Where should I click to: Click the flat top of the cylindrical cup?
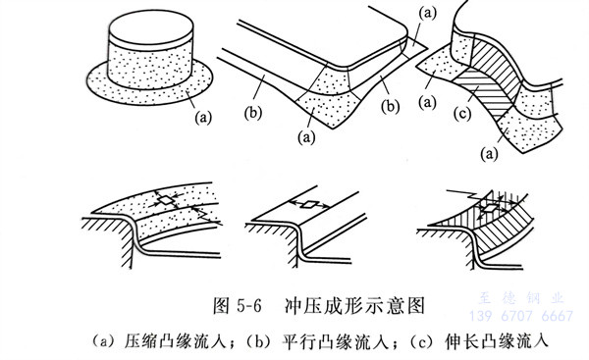tap(151, 27)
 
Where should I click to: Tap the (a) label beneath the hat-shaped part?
tap(203, 118)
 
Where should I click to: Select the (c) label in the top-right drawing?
tap(462, 114)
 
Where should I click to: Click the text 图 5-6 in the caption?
tap(237, 306)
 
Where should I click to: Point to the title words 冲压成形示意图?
tap(355, 306)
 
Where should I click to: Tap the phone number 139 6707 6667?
tap(521, 316)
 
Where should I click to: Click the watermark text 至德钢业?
tap(521, 298)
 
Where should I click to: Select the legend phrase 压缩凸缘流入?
tap(175, 341)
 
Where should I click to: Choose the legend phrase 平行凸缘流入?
tap(334, 341)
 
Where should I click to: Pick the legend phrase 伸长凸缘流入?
tap(496, 341)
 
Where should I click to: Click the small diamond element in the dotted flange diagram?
tap(166, 200)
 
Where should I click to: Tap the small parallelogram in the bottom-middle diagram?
tap(310, 205)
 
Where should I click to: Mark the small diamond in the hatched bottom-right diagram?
tap(490, 208)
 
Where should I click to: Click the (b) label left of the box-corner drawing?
tap(252, 113)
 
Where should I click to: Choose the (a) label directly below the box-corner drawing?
tap(306, 138)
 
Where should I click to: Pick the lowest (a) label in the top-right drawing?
tap(490, 154)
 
